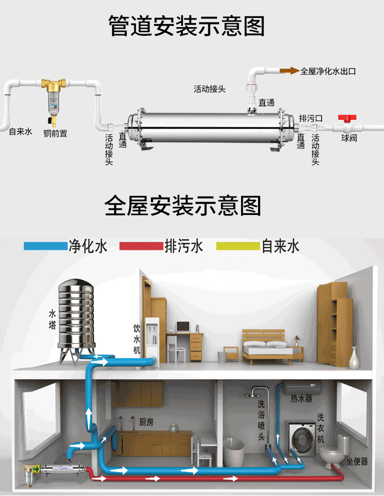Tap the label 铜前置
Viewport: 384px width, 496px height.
tap(55, 134)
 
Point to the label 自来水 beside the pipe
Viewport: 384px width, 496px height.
tap(20, 132)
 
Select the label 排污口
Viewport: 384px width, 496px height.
tap(311, 118)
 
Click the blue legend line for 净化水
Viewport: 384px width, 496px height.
tap(46, 246)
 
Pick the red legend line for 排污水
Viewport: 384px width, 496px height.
tap(141, 246)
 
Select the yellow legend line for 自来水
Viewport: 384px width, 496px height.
tap(238, 246)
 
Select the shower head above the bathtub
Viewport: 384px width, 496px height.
tap(252, 396)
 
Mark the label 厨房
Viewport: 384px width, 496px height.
tap(146, 422)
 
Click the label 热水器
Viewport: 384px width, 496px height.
tap(301, 398)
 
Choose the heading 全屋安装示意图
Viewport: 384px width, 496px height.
tap(183, 206)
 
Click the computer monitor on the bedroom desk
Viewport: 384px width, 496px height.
tap(183, 326)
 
